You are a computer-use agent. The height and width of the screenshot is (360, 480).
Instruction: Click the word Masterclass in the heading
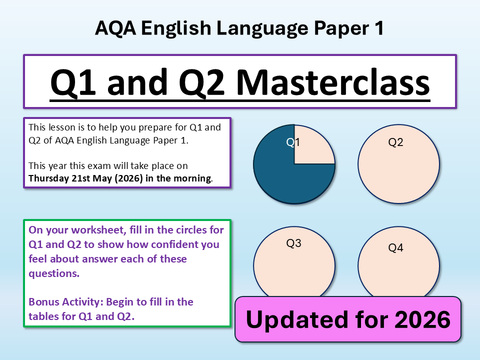click(333, 82)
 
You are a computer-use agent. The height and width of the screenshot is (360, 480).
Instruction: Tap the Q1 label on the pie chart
click(293, 142)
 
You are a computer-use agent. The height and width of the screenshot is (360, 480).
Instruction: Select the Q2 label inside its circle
click(395, 142)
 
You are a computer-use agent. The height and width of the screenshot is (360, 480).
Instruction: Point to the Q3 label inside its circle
click(293, 243)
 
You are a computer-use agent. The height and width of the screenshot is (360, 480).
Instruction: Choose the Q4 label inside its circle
click(395, 247)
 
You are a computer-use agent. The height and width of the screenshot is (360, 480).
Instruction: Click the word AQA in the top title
click(115, 28)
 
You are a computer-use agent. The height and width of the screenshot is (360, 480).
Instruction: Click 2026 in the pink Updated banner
click(422, 319)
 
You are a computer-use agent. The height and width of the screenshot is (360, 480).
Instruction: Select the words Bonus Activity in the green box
click(66, 302)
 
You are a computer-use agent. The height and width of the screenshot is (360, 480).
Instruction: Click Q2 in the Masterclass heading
click(201, 82)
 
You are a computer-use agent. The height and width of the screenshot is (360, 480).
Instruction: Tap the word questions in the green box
click(54, 273)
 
